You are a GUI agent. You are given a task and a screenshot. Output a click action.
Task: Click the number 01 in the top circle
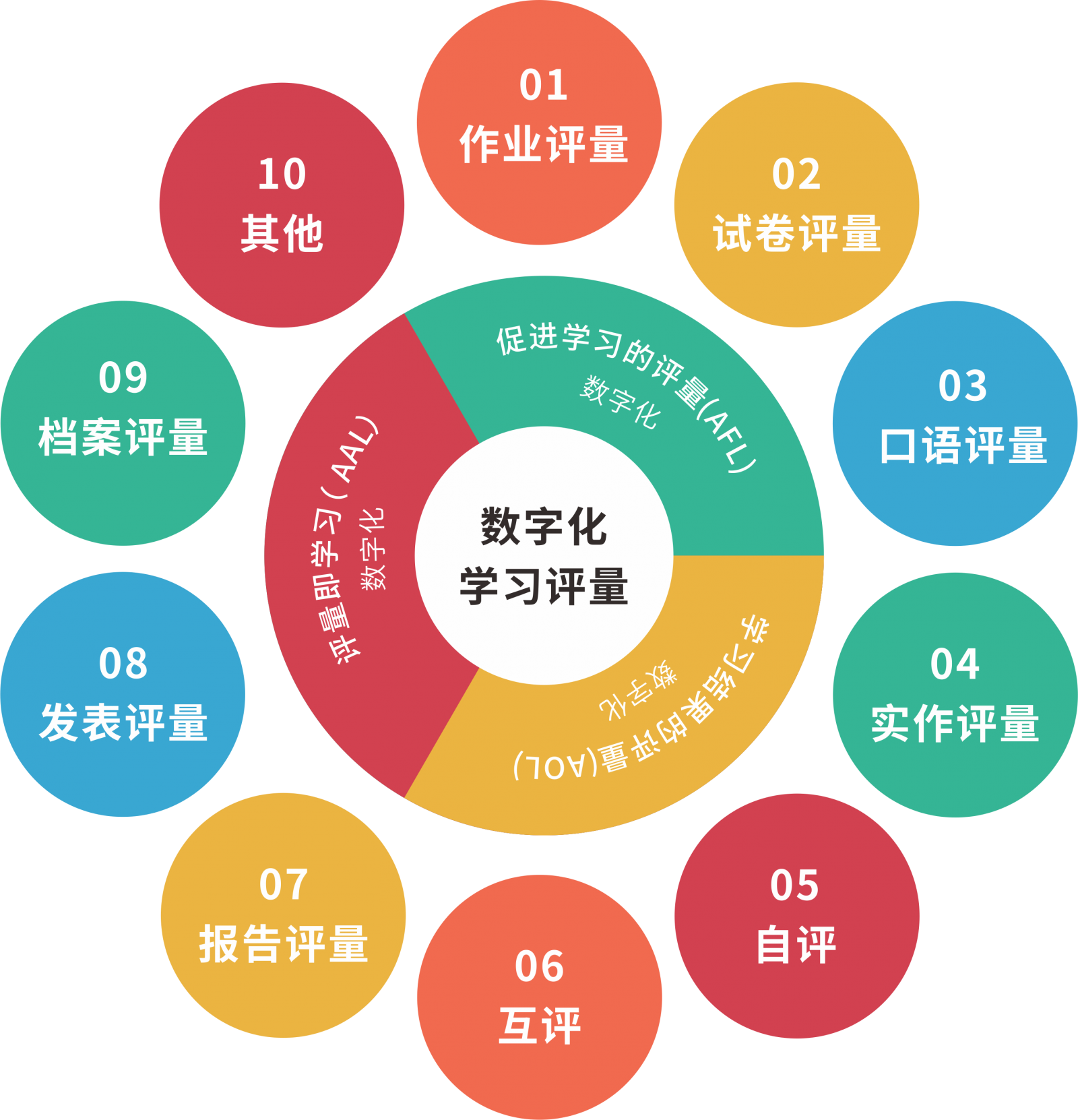pyautogui.click(x=543, y=86)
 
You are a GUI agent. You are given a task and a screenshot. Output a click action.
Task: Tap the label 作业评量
pyautogui.click(x=543, y=144)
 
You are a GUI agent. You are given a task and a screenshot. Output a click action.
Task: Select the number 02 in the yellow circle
pyautogui.click(x=796, y=175)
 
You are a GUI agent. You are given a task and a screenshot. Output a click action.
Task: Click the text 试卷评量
pyautogui.click(x=797, y=234)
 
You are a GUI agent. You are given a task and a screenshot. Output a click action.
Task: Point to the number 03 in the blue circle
pyautogui.click(x=962, y=386)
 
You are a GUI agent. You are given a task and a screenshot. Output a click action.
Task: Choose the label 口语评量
pyautogui.click(x=963, y=445)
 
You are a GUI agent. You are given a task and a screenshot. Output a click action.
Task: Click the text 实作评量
pyautogui.click(x=955, y=724)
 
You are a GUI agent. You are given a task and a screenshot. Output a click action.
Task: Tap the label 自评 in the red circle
pyautogui.click(x=796, y=945)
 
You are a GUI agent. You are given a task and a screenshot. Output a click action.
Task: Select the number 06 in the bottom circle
pyautogui.click(x=539, y=966)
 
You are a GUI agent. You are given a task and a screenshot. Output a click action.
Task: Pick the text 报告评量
pyautogui.click(x=283, y=944)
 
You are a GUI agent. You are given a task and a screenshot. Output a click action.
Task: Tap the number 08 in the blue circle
pyautogui.click(x=123, y=664)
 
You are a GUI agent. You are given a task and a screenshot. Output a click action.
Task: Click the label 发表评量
pyautogui.click(x=123, y=723)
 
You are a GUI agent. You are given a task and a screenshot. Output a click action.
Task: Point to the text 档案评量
pyautogui.click(x=123, y=437)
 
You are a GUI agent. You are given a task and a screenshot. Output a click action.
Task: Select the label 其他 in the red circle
pyautogui.click(x=282, y=234)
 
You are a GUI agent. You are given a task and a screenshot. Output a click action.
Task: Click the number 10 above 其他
pyautogui.click(x=282, y=175)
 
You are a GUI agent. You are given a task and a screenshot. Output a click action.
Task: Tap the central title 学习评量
pyautogui.click(x=544, y=586)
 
